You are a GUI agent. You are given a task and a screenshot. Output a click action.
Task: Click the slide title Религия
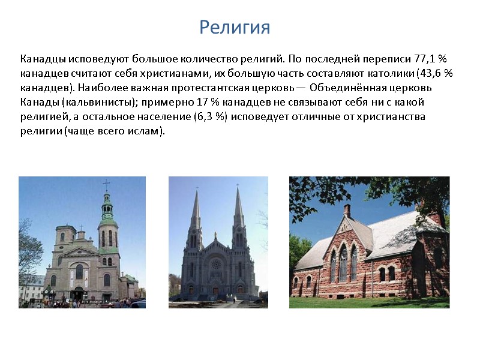click(x=235, y=27)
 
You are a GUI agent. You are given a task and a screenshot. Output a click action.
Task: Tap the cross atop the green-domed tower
click(x=107, y=185)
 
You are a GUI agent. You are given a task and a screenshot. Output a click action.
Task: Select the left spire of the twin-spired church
click(x=196, y=207)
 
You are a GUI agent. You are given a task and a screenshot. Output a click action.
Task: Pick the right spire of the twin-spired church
click(x=238, y=207)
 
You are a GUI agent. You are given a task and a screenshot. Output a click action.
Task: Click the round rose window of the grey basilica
click(x=217, y=263)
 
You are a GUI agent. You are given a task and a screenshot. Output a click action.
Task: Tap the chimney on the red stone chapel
click(x=347, y=211)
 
